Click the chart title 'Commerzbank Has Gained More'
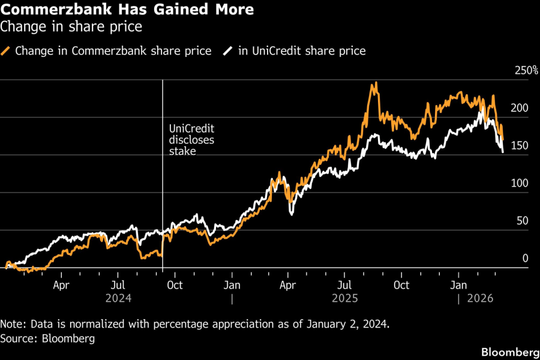(x=127, y=10)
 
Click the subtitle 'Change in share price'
(x=72, y=27)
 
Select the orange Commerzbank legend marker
(x=7, y=51)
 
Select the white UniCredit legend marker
(x=228, y=51)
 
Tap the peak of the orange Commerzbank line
(x=375, y=83)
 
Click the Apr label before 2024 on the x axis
(x=61, y=286)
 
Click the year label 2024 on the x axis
(x=119, y=298)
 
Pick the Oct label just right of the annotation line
(x=175, y=286)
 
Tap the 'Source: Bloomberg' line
(x=47, y=339)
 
